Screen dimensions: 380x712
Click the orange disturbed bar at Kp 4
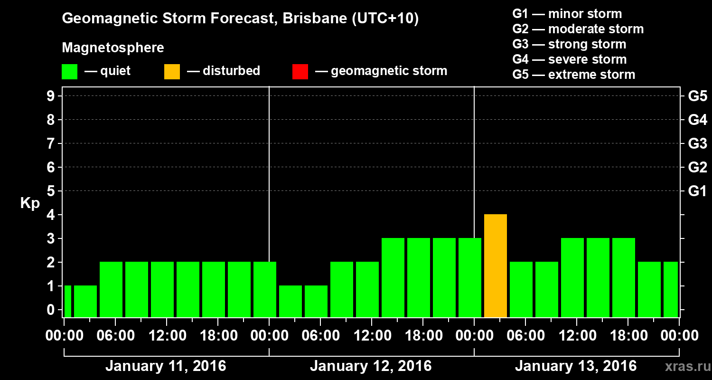[496, 266]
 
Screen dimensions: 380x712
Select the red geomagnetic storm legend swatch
[300, 71]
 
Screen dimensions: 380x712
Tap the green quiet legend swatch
[69, 71]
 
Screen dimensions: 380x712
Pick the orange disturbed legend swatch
[172, 71]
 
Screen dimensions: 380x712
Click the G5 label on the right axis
[697, 96]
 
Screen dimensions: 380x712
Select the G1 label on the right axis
[697, 191]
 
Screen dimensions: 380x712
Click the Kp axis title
[30, 203]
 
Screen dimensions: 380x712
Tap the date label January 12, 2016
[371, 366]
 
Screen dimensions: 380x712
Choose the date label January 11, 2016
[166, 366]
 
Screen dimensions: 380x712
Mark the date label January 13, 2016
[576, 366]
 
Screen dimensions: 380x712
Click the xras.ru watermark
[686, 367]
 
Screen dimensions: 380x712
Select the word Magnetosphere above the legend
[113, 48]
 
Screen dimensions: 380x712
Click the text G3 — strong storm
[569, 44]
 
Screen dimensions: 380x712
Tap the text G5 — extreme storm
[573, 75]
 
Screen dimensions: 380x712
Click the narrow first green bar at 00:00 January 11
[67, 301]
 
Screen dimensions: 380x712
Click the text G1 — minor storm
[567, 14]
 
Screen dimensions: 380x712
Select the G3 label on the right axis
[697, 144]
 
